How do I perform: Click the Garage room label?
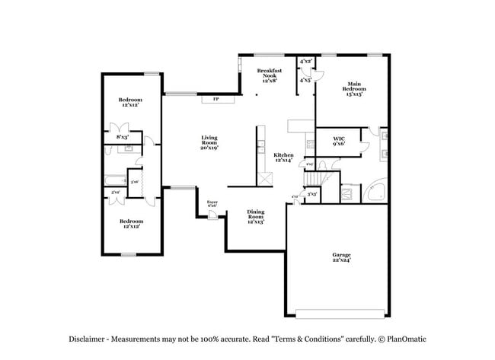coord(340,257)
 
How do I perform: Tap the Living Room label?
coord(209,142)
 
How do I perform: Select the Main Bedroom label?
coord(354,89)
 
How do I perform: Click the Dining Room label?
coord(256,218)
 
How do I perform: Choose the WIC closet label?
coord(339,141)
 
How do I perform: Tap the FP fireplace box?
coord(216,99)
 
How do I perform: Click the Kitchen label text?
coord(283,158)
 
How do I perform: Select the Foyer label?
coord(212,203)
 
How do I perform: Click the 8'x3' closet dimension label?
coord(122,137)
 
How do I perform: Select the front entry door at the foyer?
coord(213,215)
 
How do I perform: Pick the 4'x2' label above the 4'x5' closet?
coord(306,61)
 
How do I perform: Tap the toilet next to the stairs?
coord(323,164)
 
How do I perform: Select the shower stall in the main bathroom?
coord(350,194)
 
